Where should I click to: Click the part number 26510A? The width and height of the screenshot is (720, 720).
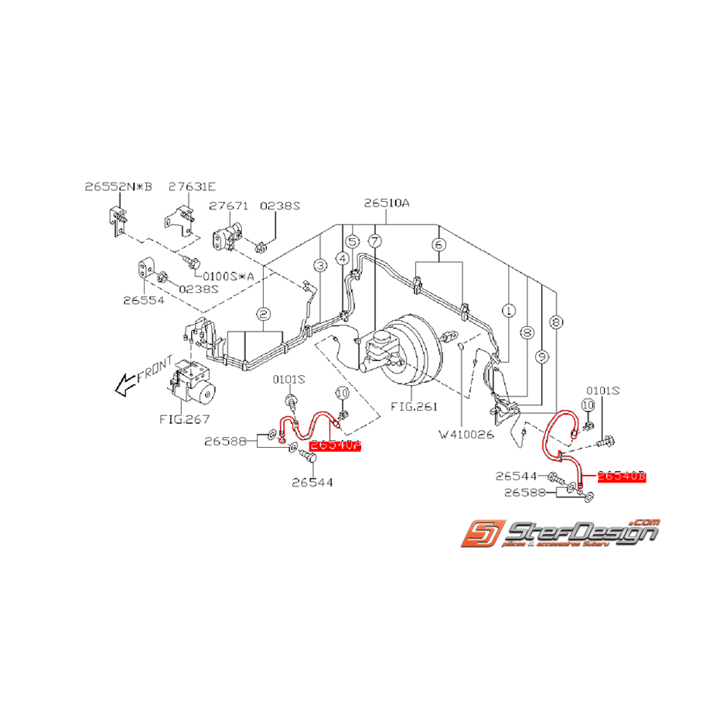(x=387, y=205)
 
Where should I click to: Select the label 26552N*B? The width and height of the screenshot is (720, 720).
(x=119, y=186)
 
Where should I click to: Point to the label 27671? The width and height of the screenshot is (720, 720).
(x=228, y=206)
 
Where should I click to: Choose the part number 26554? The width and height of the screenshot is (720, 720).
(x=143, y=299)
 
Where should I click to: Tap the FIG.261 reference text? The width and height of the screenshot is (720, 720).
(x=414, y=405)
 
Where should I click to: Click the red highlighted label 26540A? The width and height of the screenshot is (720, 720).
(x=335, y=445)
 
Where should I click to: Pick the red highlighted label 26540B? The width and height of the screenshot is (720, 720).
(x=621, y=477)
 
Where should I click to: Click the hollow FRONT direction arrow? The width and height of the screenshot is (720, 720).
(x=125, y=384)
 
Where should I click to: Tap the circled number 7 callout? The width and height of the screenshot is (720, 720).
(x=374, y=242)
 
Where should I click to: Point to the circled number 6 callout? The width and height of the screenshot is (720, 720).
(x=439, y=244)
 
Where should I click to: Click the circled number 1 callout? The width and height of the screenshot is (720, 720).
(x=508, y=311)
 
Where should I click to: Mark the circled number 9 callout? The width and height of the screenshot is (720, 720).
(x=541, y=357)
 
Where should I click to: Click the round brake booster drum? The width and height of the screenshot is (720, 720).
(x=415, y=352)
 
